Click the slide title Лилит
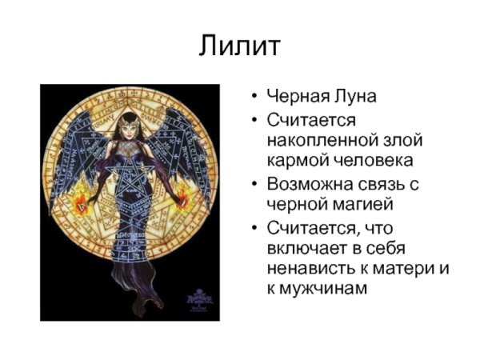[239, 46]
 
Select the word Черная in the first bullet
[295, 97]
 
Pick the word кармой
[298, 160]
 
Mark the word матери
[399, 269]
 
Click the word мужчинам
[328, 290]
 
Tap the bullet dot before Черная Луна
[253, 98]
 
